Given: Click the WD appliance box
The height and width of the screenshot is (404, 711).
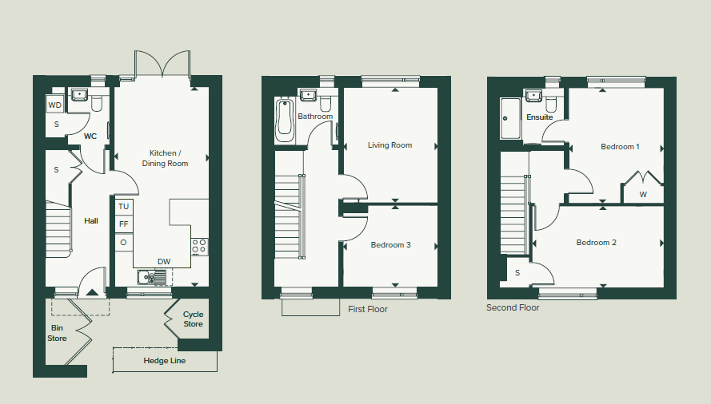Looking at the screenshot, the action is (55, 105).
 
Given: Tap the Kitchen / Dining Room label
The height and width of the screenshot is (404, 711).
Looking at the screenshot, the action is (164, 158).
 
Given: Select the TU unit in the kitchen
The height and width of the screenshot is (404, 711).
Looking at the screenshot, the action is (124, 207).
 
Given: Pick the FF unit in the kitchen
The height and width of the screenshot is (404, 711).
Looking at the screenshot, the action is (124, 224).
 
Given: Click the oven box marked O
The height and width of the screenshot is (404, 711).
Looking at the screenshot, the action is (124, 242).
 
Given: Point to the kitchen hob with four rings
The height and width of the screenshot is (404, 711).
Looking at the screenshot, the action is (199, 247).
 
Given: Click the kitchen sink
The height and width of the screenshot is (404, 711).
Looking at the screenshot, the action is (152, 277).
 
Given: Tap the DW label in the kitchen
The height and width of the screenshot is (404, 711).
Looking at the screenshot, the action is (164, 261).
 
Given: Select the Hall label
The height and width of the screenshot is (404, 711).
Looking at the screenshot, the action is (91, 220).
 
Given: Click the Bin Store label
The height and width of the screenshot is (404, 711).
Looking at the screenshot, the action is (57, 333).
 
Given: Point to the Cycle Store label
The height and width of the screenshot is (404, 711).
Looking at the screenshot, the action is (194, 319).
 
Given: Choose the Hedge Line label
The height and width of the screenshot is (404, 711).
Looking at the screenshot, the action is (165, 361).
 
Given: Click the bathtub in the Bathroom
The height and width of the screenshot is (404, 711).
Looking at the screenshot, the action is (285, 120).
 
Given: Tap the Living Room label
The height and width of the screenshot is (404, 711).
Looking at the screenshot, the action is (390, 145).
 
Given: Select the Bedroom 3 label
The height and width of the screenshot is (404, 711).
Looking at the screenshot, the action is (390, 244).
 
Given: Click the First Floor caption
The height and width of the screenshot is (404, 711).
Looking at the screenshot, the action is (368, 309).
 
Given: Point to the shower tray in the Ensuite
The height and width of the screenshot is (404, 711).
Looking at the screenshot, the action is (510, 118).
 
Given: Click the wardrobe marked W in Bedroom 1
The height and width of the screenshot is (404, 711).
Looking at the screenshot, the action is (642, 187).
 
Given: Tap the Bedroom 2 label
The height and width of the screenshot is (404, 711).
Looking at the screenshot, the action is (597, 242).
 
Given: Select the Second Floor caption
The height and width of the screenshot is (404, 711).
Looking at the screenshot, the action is (513, 307).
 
